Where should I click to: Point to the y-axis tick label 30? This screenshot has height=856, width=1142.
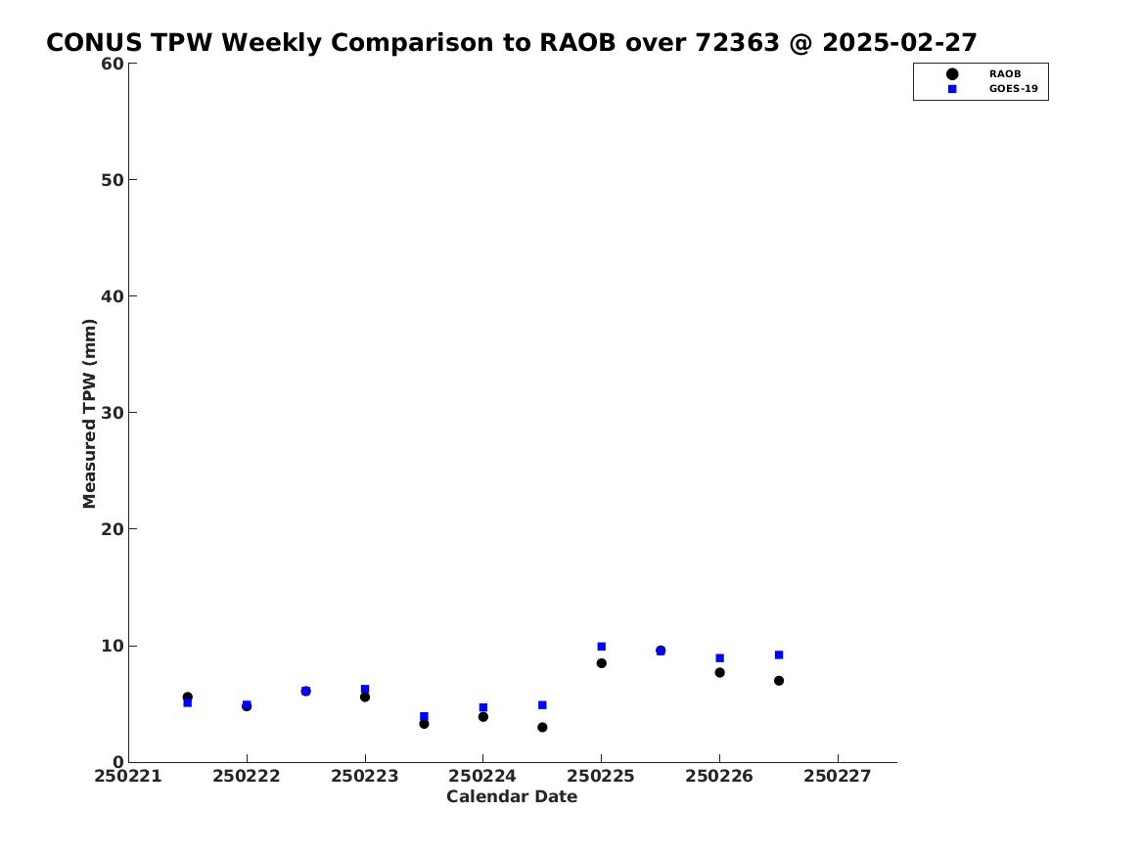tap(113, 413)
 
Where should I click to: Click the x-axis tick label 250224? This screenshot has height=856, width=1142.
tap(482, 777)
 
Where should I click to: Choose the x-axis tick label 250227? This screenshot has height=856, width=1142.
tap(838, 777)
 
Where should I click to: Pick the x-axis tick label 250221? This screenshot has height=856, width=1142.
tap(128, 777)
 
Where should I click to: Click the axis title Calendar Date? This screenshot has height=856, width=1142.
tap(512, 796)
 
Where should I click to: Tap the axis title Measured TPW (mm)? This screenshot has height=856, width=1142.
tap(89, 414)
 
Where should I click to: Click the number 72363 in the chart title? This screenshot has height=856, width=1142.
tap(737, 43)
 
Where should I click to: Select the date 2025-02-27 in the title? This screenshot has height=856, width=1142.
tap(899, 43)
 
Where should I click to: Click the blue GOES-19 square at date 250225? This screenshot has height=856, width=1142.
tap(602, 647)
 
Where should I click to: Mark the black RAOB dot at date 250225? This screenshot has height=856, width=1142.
tap(602, 663)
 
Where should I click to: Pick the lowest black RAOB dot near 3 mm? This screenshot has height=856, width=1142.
tap(542, 727)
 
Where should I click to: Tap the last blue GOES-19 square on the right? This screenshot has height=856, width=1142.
tap(779, 655)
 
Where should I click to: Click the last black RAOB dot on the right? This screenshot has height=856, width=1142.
tap(779, 681)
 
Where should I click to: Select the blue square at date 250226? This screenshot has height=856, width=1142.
tap(719, 658)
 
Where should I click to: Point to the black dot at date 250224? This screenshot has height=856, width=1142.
tap(482, 717)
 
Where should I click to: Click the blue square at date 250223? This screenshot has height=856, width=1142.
tap(365, 690)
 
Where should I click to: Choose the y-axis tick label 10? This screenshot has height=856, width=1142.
tap(113, 646)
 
